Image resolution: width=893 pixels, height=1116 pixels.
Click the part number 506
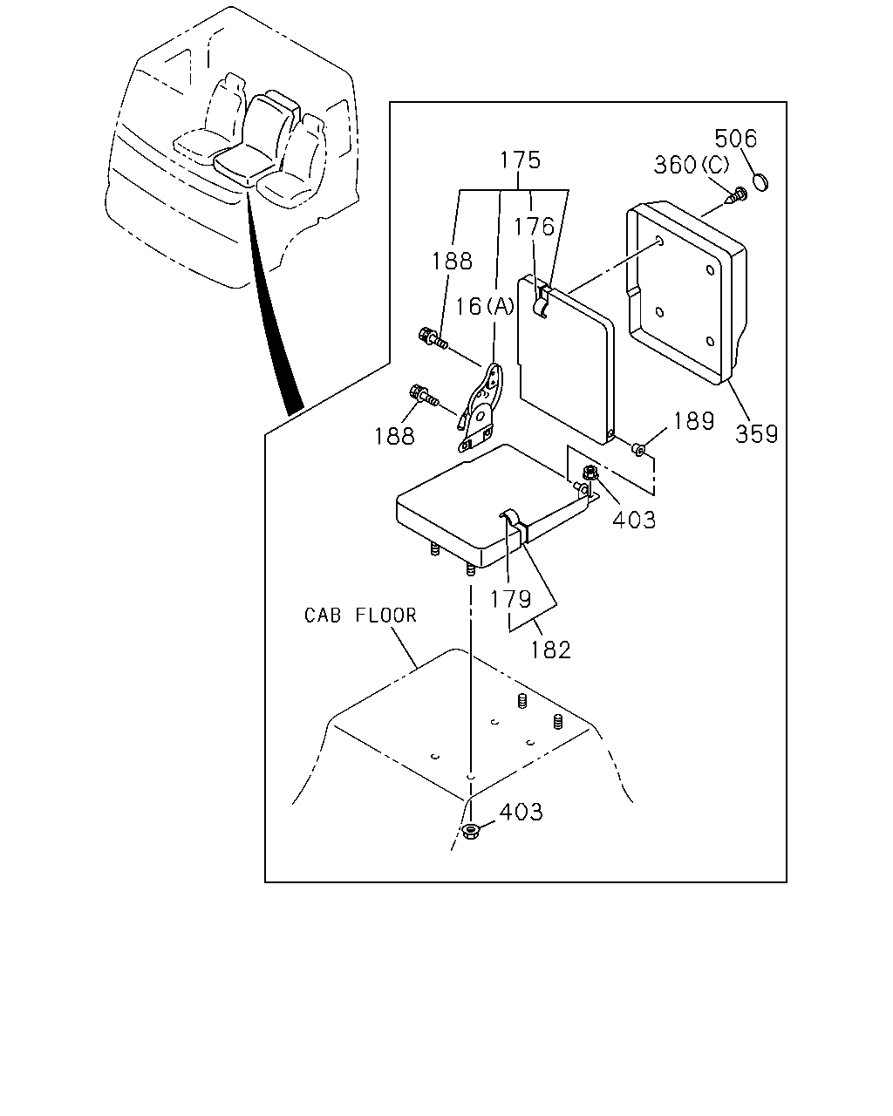[735, 139]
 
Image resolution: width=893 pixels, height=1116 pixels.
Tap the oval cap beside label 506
[760, 182]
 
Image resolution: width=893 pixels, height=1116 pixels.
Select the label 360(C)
[692, 165]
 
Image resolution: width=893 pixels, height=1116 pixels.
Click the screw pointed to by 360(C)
[738, 195]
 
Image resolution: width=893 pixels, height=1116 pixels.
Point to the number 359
[757, 433]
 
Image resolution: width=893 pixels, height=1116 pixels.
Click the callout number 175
[520, 160]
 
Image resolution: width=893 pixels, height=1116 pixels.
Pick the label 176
[534, 227]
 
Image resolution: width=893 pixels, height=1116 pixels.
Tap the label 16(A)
[484, 307]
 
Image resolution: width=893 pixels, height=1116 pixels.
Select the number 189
[694, 421]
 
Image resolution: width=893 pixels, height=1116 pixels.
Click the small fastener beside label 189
[638, 449]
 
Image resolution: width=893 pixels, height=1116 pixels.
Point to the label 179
[510, 599]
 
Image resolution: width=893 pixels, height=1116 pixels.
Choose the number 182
[550, 650]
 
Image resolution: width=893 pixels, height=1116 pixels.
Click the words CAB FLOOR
[360, 615]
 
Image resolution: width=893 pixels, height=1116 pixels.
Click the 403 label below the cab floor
[521, 812]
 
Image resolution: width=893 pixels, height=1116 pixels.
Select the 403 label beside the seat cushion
[634, 519]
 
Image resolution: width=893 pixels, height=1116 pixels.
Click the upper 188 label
[452, 261]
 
